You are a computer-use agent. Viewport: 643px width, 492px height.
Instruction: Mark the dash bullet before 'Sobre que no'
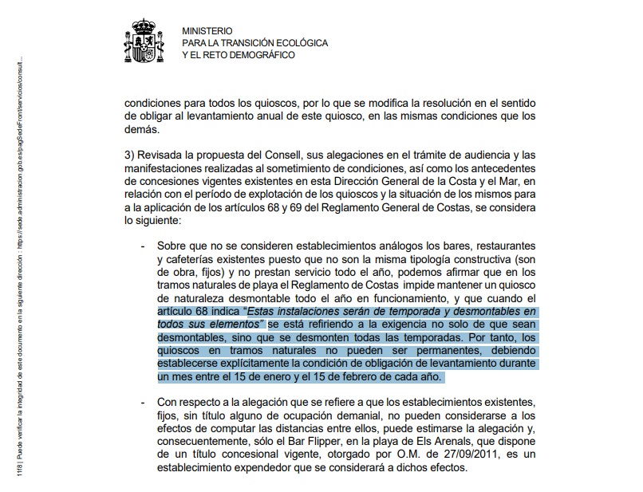pyautogui.click(x=144, y=246)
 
